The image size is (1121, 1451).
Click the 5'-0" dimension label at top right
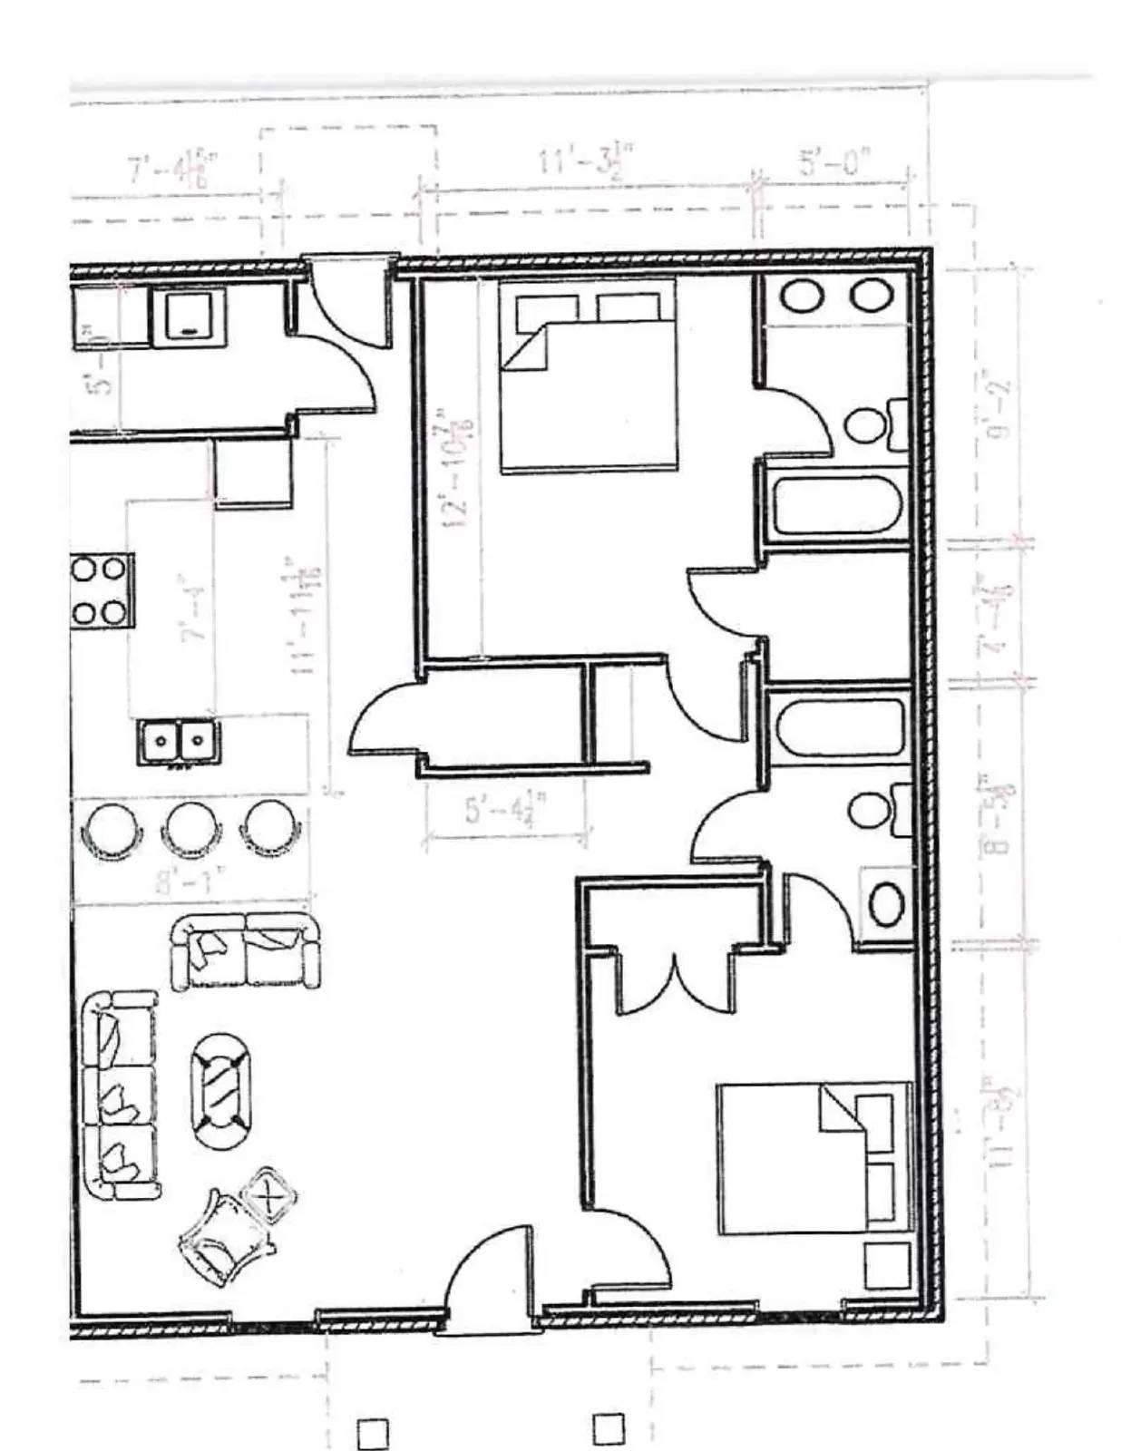pyautogui.click(x=833, y=165)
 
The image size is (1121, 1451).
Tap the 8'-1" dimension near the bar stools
pyautogui.click(x=189, y=881)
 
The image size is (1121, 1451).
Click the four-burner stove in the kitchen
pyautogui.click(x=100, y=591)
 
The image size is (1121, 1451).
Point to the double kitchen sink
pyautogui.click(x=179, y=741)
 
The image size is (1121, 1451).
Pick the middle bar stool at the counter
pyautogui.click(x=190, y=827)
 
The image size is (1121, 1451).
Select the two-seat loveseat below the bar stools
pyautogui.click(x=246, y=952)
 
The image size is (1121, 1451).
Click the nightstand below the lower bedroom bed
pyautogui.click(x=886, y=1266)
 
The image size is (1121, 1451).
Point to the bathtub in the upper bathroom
pyautogui.click(x=836, y=506)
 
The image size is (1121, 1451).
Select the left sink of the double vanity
pyautogui.click(x=802, y=296)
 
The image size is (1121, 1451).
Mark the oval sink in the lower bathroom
pyautogui.click(x=886, y=903)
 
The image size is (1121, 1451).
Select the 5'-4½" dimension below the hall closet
pyautogui.click(x=507, y=809)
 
